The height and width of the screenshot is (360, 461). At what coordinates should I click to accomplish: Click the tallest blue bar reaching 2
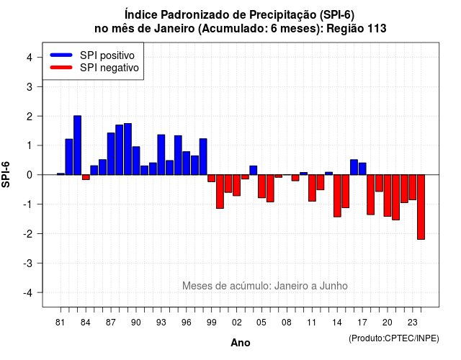click(77, 145)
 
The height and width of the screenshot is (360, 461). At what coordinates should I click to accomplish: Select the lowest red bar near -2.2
click(421, 207)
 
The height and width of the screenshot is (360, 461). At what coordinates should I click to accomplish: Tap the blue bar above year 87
click(111, 153)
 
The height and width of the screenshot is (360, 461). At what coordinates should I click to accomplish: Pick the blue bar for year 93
click(161, 155)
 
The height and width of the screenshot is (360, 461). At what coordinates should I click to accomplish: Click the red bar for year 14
click(337, 196)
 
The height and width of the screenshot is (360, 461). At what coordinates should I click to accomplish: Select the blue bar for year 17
click(362, 168)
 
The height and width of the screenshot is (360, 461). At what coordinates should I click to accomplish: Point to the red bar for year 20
click(388, 195)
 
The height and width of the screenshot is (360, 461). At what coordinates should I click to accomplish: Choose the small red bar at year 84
click(86, 177)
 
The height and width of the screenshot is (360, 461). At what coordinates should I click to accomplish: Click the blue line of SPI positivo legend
click(61, 55)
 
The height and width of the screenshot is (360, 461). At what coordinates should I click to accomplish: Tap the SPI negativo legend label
click(109, 68)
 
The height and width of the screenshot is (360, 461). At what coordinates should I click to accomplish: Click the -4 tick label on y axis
click(28, 293)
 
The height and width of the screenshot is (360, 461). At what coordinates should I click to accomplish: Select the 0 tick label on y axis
click(30, 175)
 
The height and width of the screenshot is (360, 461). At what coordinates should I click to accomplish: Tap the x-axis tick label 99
click(211, 323)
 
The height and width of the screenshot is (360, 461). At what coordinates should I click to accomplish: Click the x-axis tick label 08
click(287, 323)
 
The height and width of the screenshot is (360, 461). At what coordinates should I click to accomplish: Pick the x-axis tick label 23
click(412, 323)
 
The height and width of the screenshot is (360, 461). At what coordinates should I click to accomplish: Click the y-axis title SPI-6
click(6, 174)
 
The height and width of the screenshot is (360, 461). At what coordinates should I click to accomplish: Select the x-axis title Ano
click(240, 343)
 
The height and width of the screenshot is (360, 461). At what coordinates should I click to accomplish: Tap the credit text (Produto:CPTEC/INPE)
click(394, 338)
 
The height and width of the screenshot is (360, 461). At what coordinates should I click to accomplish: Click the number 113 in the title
click(377, 29)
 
